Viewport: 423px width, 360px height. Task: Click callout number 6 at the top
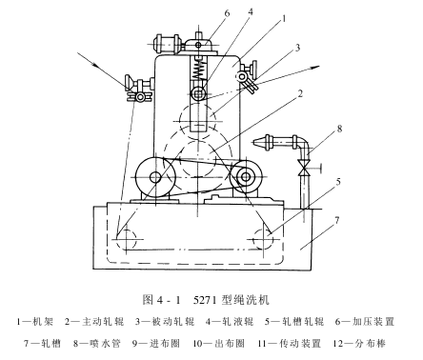click(227, 13)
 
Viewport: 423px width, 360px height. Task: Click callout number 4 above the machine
click(251, 12)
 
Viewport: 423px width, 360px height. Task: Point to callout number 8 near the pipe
click(339, 129)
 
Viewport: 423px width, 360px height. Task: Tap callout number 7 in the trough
click(337, 220)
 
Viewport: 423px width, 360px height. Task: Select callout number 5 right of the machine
click(338, 182)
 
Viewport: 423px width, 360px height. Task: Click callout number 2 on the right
click(300, 93)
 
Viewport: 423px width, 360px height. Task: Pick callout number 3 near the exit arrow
click(297, 48)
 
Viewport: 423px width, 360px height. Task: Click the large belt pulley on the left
click(155, 177)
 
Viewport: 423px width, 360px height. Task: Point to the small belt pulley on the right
click(246, 176)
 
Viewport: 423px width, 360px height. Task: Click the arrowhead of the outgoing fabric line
click(315, 67)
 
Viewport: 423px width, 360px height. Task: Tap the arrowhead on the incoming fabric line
click(94, 65)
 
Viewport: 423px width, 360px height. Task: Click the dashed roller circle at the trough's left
click(127, 239)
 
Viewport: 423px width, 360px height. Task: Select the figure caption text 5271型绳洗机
click(231, 299)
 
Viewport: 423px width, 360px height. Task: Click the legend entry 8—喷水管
click(97, 343)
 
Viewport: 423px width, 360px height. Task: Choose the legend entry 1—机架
click(35, 322)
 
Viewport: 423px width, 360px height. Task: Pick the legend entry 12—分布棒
click(359, 343)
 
